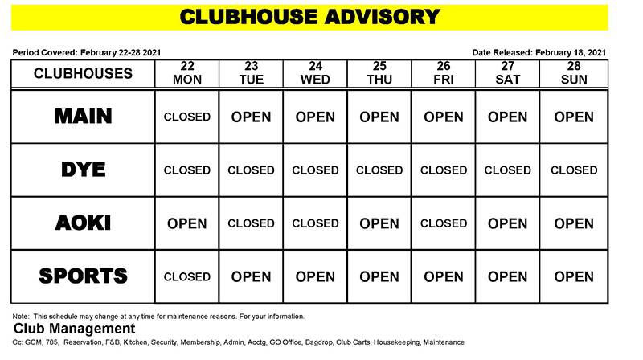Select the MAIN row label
click(x=83, y=117)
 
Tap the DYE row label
click(x=83, y=170)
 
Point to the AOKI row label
click(x=83, y=223)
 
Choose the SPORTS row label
click(x=83, y=276)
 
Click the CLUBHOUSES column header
click(x=83, y=73)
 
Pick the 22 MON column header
click(x=186, y=73)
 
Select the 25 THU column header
click(x=379, y=73)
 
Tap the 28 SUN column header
click(x=573, y=73)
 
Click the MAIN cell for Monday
click(x=186, y=117)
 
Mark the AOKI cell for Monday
click(x=186, y=223)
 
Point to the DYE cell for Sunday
click(x=573, y=170)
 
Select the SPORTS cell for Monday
click(x=186, y=276)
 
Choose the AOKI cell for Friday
click(x=444, y=223)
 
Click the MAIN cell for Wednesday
click(x=315, y=117)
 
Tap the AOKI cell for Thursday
click(x=379, y=223)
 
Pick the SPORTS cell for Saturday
click(x=508, y=276)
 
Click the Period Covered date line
click(x=87, y=52)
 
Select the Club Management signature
click(x=74, y=329)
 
